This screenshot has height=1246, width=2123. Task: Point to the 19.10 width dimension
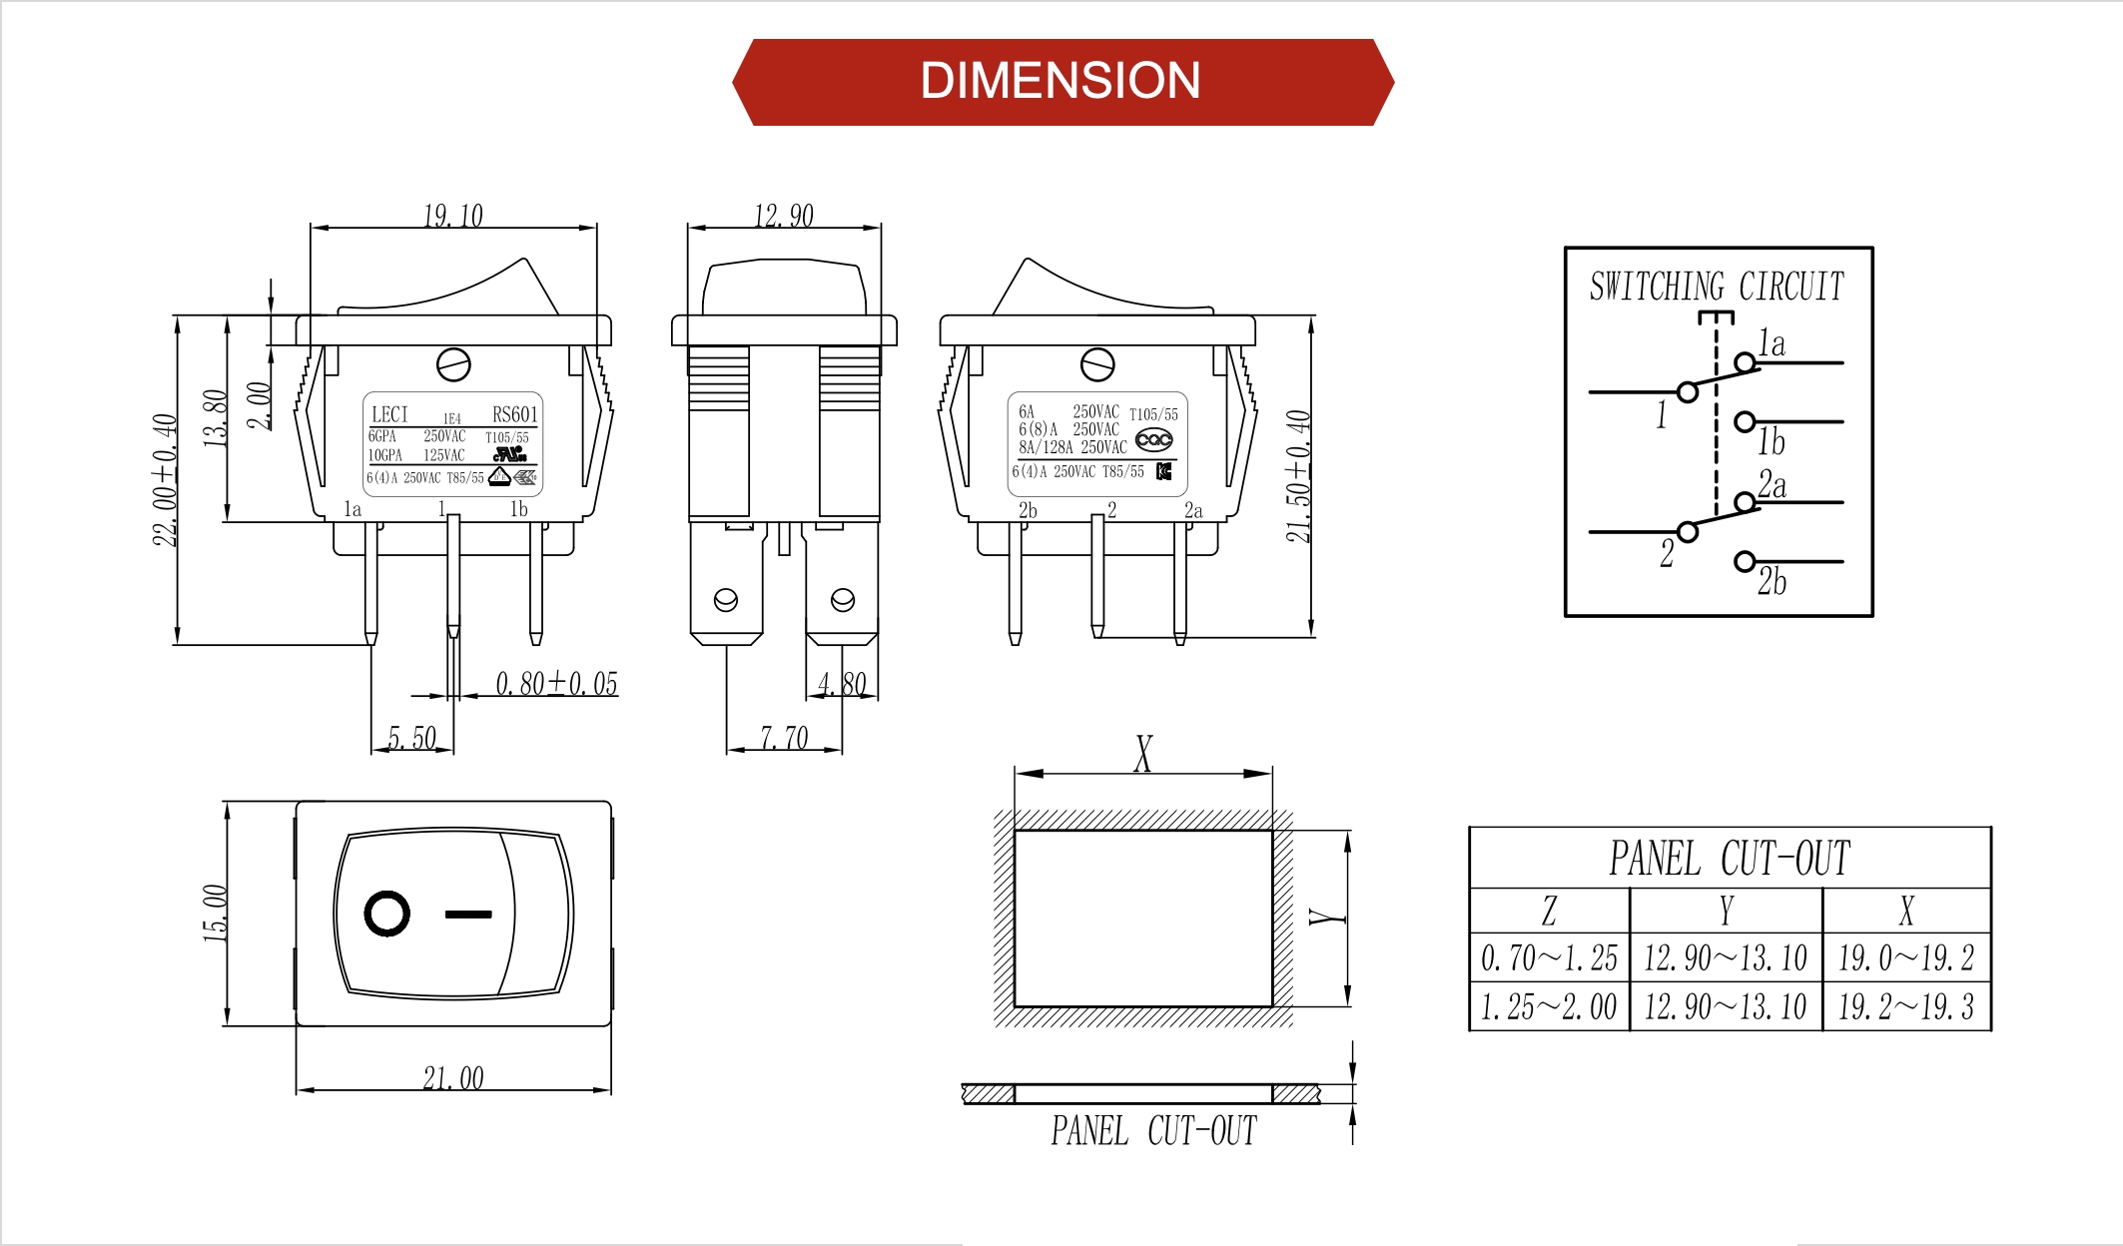[x=452, y=216]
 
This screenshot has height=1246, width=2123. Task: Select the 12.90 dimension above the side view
[x=783, y=216]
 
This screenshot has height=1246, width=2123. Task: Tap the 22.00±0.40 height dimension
[x=165, y=479]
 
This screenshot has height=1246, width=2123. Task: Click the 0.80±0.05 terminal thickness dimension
[x=556, y=684]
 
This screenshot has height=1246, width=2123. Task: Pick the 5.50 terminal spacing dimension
[x=411, y=739]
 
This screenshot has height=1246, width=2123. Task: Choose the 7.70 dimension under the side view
[x=783, y=739]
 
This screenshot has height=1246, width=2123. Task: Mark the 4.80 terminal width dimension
[x=841, y=684]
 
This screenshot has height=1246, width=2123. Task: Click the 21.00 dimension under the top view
[x=452, y=1078]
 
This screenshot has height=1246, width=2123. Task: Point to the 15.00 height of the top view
[x=216, y=913]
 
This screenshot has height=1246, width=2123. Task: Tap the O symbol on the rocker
[x=386, y=914]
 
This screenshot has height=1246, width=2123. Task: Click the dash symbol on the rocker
[x=467, y=914]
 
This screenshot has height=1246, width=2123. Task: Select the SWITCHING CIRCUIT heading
[x=1717, y=287]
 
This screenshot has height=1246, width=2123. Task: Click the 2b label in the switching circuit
[x=1772, y=581]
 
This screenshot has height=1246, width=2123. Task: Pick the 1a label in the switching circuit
[x=1772, y=343]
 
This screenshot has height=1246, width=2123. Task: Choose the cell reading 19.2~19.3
[x=1905, y=1007]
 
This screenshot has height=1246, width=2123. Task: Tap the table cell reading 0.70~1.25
[x=1549, y=958]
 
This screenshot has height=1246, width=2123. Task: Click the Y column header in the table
[x=1726, y=911]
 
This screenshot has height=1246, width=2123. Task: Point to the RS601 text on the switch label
[x=514, y=414]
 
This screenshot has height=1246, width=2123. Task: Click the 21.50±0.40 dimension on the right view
[x=1298, y=476]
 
